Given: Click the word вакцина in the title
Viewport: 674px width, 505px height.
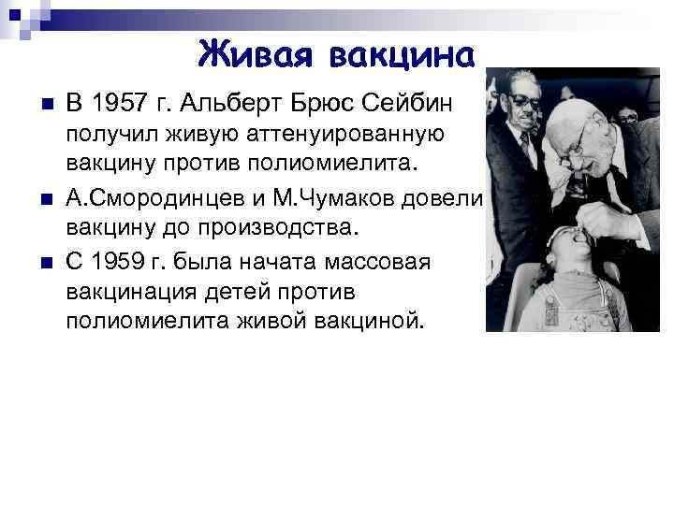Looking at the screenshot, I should coord(402,54).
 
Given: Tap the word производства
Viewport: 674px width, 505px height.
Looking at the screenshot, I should coord(280,228).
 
